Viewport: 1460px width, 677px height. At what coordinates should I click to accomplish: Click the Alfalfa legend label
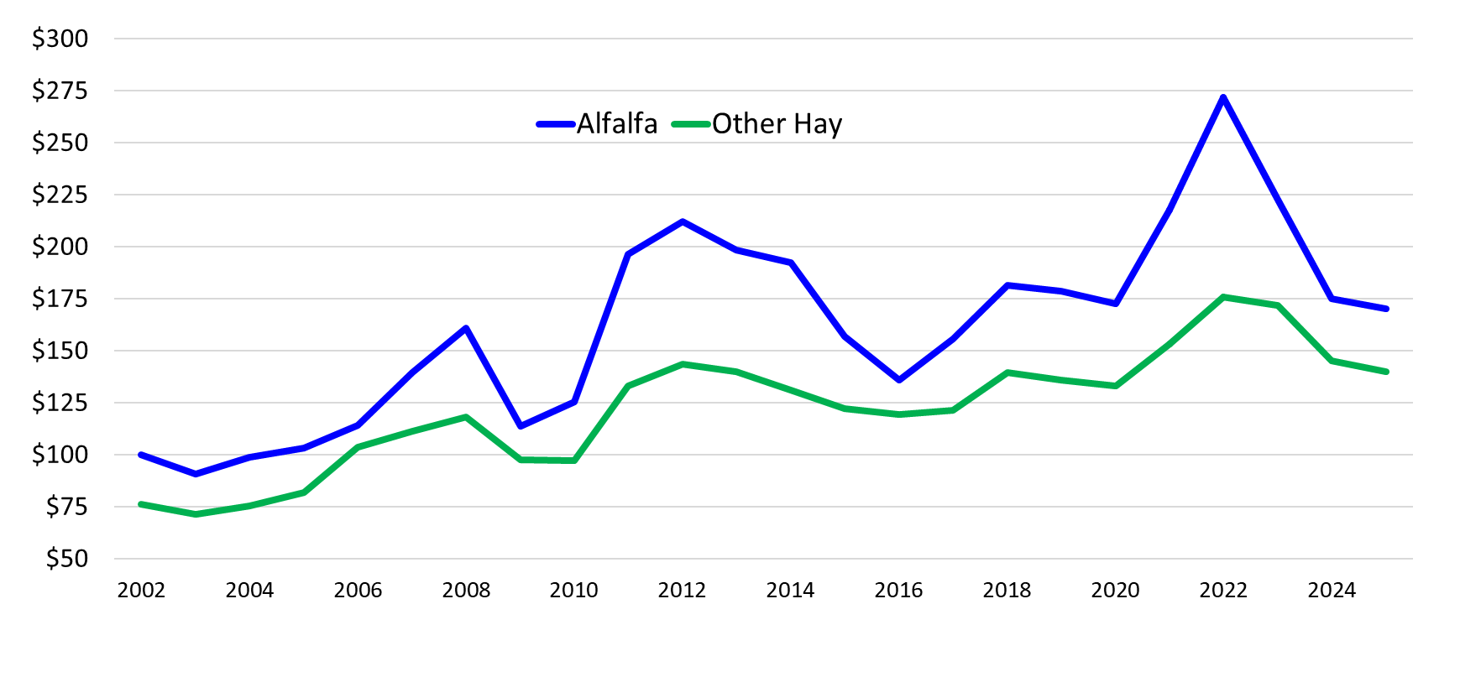[616, 124]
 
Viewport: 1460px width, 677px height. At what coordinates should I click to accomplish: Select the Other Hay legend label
[777, 124]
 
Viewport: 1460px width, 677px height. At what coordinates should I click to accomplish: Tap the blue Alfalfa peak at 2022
[1223, 97]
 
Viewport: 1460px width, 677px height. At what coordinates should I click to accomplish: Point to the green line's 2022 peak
[1223, 297]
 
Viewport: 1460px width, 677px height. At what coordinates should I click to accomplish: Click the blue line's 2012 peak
[683, 221]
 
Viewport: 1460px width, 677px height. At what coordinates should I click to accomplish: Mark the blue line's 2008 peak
[466, 328]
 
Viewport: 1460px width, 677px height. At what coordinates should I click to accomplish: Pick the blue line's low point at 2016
[899, 380]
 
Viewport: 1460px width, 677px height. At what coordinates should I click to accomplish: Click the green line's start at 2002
[141, 504]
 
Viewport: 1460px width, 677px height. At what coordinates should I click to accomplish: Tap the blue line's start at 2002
[141, 455]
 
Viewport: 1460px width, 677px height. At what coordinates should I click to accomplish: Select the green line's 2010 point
[574, 461]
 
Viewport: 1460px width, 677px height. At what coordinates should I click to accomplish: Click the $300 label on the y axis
[60, 39]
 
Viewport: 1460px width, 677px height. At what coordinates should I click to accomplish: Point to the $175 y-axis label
[60, 299]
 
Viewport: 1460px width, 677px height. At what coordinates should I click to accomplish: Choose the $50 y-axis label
[66, 559]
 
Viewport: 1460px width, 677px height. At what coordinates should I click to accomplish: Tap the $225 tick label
[60, 195]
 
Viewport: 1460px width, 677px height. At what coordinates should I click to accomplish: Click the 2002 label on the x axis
[141, 591]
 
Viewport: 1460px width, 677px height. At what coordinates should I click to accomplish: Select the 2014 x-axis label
[790, 591]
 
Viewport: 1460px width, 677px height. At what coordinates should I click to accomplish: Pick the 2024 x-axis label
[1332, 591]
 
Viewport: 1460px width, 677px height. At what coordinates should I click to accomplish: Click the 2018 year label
[1007, 591]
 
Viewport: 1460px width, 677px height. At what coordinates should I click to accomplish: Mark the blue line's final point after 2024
[1386, 309]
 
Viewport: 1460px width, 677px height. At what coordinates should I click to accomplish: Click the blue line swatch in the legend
[556, 124]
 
